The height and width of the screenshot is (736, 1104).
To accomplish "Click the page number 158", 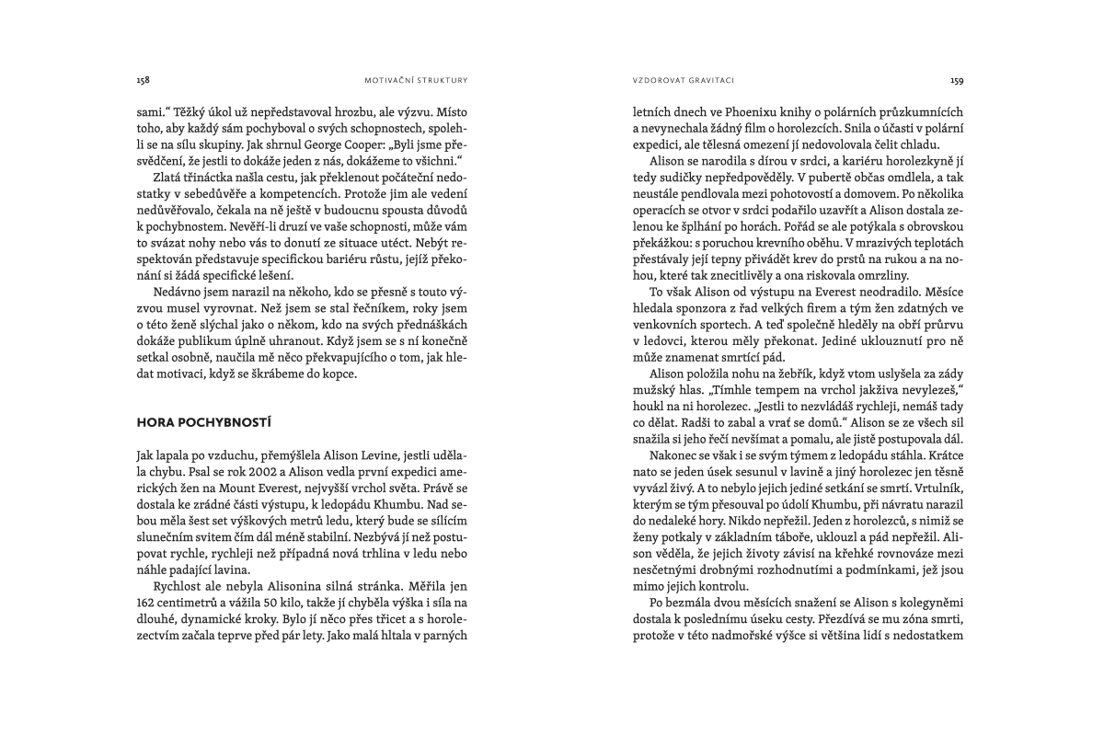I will (x=143, y=80).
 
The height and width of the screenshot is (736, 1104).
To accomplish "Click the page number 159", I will (x=957, y=80).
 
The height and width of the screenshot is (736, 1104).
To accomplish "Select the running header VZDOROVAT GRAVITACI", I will (x=673, y=80).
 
